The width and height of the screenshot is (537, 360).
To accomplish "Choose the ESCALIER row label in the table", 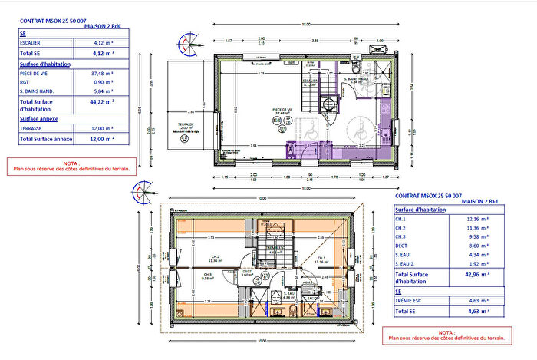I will [x=30, y=44].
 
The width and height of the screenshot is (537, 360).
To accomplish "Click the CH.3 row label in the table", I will [x=400, y=236].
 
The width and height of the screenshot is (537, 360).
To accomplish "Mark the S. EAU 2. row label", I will [x=405, y=263].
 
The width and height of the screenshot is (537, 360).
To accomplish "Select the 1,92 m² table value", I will [x=479, y=263].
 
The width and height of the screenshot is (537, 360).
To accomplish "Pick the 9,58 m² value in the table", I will [x=479, y=236].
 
